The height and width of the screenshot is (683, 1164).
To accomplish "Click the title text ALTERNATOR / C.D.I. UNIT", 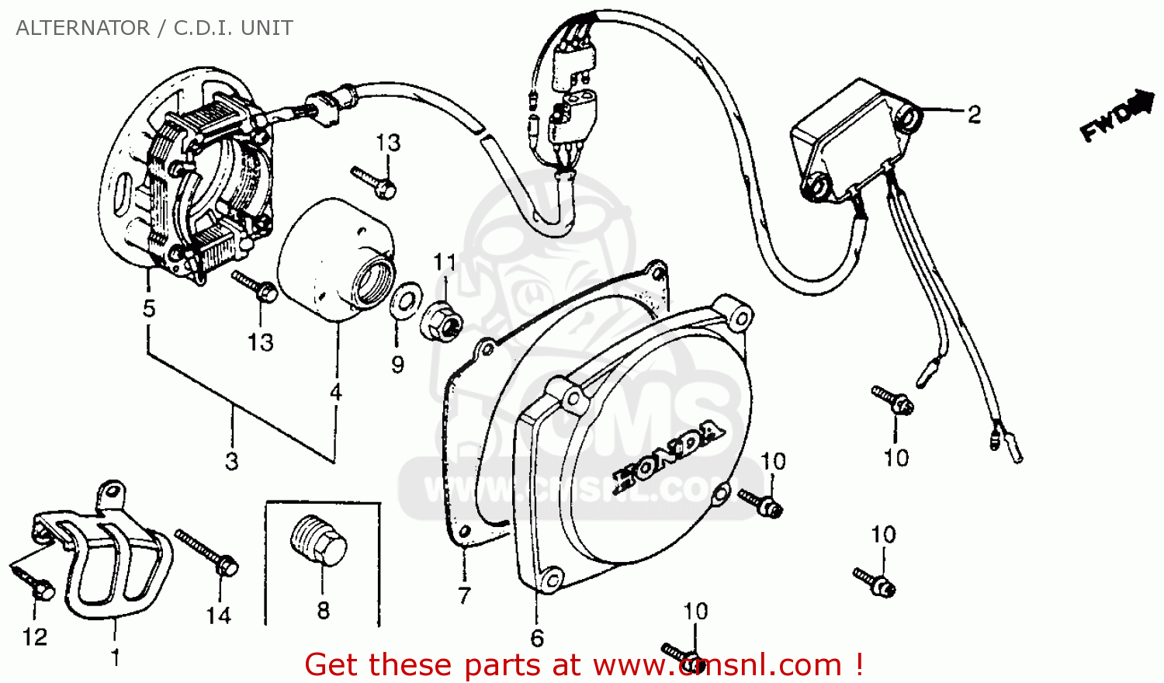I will [x=154, y=28].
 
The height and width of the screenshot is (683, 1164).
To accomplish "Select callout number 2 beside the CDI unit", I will [x=974, y=115].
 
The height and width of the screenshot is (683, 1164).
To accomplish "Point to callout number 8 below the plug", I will [x=324, y=611].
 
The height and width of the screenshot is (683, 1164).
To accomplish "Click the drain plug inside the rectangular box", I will [x=318, y=539].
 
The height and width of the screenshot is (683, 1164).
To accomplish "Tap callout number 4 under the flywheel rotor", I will [x=336, y=392].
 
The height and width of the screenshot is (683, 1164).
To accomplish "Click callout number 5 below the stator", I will [x=149, y=308].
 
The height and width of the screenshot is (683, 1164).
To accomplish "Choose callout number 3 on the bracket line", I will [x=231, y=461].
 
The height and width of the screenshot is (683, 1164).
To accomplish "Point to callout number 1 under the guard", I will [x=116, y=657].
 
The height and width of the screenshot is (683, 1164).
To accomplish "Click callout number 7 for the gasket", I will [x=464, y=595].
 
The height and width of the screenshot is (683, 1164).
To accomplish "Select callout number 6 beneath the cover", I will [x=537, y=638].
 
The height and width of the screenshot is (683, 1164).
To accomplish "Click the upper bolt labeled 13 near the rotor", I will [x=374, y=181].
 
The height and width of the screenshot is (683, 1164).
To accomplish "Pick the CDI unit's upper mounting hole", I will [x=908, y=116].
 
